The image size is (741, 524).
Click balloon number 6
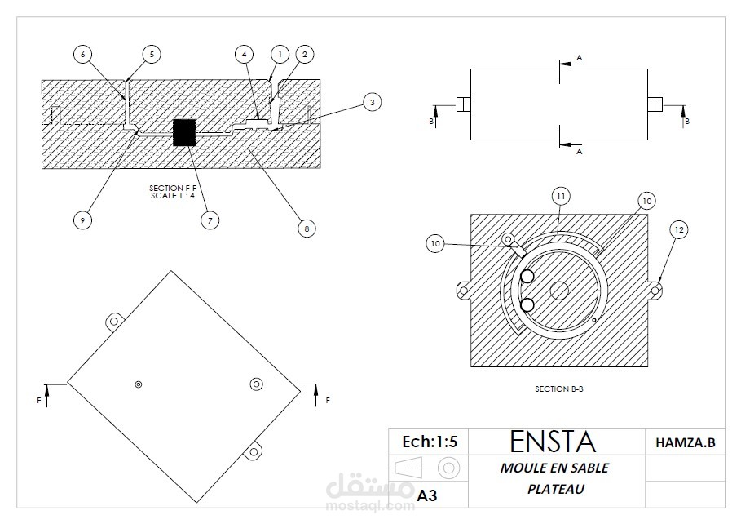tap(82, 54)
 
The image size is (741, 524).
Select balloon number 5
tap(151, 54)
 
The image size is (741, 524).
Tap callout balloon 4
tap(243, 54)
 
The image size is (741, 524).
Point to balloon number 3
tap(371, 102)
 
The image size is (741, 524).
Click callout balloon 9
tap(82, 220)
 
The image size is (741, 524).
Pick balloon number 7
tap(210, 220)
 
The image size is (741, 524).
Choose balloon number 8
tap(307, 229)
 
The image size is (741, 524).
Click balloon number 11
tap(561, 196)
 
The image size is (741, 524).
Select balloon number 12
tap(678, 230)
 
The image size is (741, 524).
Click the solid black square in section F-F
tap(184, 132)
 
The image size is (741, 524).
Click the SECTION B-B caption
tap(558, 389)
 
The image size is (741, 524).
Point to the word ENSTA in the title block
tap(552, 442)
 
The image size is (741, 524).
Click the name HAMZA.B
tap(685, 442)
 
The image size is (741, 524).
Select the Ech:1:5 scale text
tap(430, 442)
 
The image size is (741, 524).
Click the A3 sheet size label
tap(427, 495)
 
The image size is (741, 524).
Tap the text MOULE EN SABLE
tap(554, 468)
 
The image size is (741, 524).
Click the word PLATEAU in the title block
tap(554, 490)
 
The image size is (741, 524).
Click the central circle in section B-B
tap(558, 289)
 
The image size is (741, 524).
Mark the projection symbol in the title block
tap(429, 468)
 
